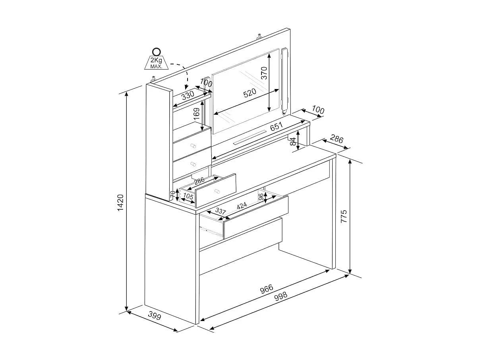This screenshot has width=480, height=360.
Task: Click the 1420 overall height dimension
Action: coord(120,202)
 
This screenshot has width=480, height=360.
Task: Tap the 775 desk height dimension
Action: coord(344,216)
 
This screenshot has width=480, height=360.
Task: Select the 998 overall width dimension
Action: coord(281,296)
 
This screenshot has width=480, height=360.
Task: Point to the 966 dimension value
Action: coord(267,289)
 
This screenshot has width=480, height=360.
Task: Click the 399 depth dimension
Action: coord(155,316)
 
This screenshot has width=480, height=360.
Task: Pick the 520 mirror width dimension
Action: coord(250,93)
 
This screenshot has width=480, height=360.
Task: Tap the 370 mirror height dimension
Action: coord(264,73)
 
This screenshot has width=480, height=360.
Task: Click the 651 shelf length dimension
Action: coord(277,126)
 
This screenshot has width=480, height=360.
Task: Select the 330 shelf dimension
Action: coord(188,95)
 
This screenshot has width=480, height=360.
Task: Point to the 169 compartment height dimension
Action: coord(197,114)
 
